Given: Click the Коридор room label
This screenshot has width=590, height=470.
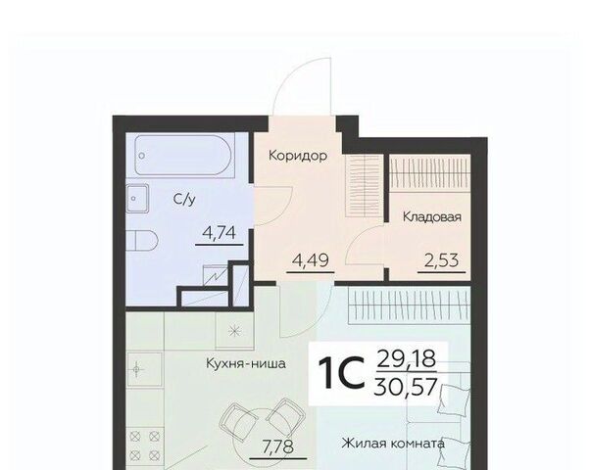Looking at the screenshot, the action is (298, 156).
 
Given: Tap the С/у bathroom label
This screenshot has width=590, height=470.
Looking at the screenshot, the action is (184, 199).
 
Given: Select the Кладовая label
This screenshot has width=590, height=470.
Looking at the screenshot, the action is (432, 217).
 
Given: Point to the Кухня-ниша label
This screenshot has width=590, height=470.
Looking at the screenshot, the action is (246, 363).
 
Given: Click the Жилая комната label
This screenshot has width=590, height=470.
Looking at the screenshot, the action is (393, 444).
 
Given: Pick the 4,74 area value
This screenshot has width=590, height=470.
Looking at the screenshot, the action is (219, 233).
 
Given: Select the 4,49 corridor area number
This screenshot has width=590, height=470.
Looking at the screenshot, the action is (311, 259).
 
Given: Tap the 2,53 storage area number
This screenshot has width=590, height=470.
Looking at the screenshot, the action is (441, 260).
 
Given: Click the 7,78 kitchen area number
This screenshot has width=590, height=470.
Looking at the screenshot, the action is (278, 446).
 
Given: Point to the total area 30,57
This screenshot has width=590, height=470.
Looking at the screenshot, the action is (406, 387).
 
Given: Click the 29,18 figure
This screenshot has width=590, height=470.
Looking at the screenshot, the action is (406, 358).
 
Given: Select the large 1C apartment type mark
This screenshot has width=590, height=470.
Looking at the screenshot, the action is (341, 372).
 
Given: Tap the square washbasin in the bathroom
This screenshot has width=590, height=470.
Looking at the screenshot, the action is (137, 198).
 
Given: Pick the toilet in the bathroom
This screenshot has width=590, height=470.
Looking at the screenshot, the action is (142, 240).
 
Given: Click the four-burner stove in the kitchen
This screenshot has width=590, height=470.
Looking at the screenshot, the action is (144, 446).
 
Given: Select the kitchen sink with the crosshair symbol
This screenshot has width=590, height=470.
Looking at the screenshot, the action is (144, 369).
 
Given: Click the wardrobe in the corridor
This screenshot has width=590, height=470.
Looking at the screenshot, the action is (364, 185).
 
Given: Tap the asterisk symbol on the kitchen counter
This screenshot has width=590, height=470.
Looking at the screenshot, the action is (234, 331).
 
